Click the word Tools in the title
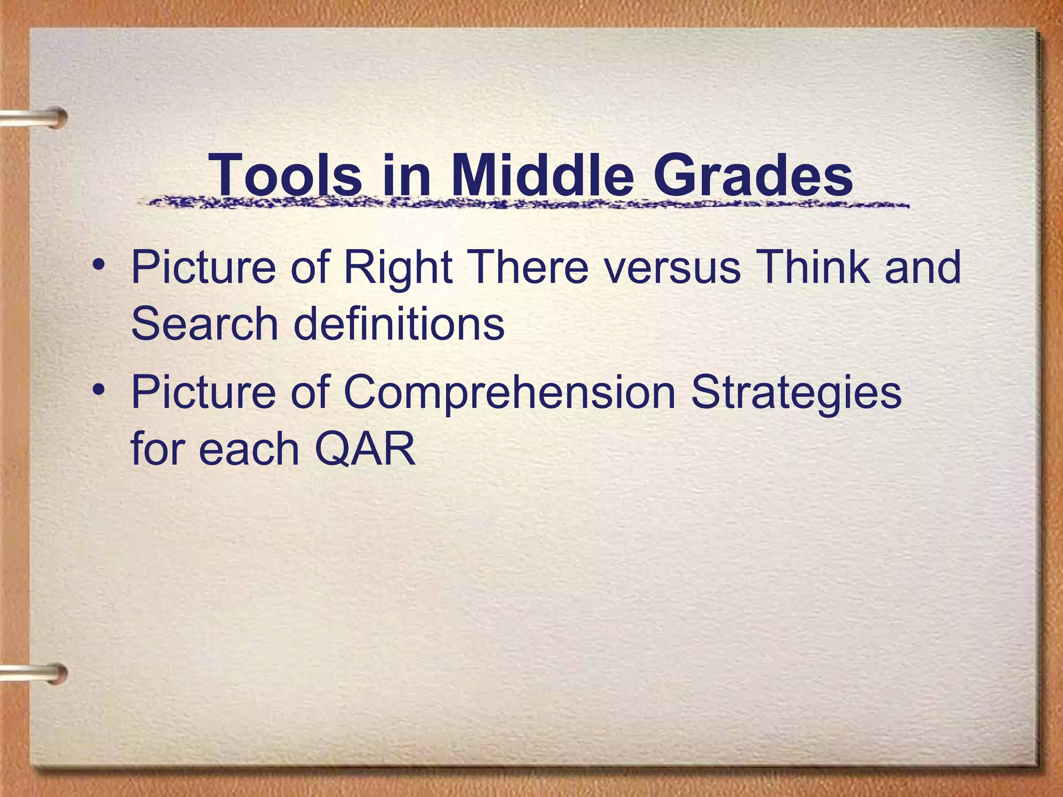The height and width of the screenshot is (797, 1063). click(x=285, y=175)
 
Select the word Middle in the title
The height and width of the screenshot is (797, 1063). click(x=542, y=175)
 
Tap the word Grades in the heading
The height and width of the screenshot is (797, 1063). click(x=753, y=175)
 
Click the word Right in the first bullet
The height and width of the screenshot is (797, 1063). click(x=398, y=269)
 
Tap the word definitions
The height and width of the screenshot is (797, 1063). click(x=399, y=324)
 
